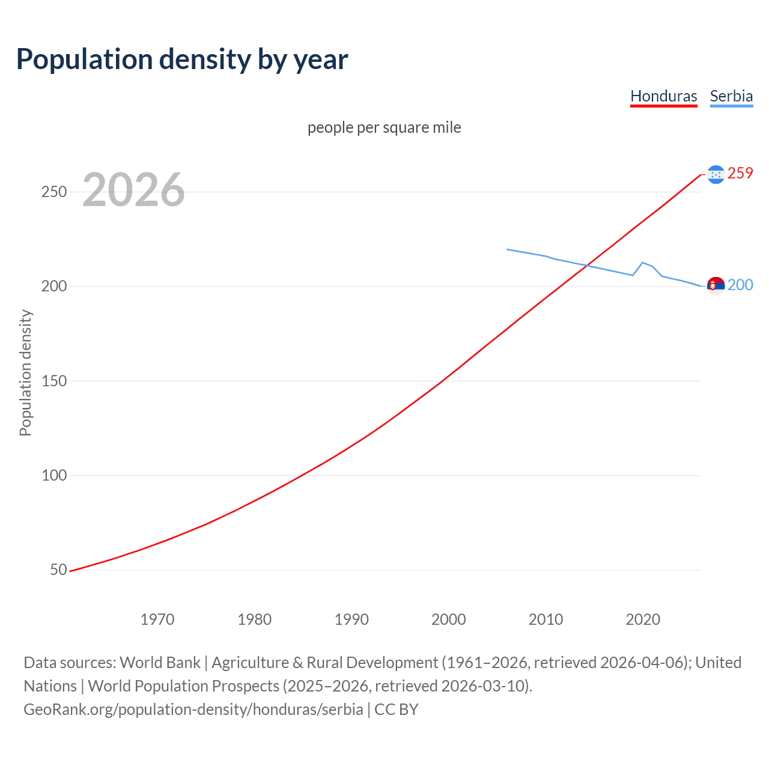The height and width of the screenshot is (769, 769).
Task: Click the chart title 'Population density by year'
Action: pos(182,59)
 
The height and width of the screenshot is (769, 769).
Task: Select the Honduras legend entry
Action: pos(663,96)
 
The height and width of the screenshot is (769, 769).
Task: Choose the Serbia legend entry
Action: pos(731,96)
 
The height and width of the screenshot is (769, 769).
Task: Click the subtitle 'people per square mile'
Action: pos(384,127)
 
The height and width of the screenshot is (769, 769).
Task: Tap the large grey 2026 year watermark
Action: pos(133,190)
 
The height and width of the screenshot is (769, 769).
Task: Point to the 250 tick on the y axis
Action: pos(53,192)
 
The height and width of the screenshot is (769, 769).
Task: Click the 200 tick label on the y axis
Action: pos(53,287)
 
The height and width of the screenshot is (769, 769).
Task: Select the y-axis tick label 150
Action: pos(53,381)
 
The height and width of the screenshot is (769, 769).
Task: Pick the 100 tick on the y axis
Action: pos(53,475)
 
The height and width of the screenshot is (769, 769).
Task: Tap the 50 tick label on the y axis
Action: pos(58,570)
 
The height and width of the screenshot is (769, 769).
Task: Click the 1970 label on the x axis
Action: pos(157,619)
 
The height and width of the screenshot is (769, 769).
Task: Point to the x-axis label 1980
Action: pos(255,619)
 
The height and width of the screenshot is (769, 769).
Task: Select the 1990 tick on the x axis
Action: pos(351,619)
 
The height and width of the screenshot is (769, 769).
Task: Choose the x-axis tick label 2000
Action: pos(449,619)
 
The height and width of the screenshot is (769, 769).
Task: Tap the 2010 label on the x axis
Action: pos(546,619)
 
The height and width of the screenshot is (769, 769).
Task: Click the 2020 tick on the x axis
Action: pos(643,619)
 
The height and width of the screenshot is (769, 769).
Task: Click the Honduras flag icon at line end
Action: pos(716,174)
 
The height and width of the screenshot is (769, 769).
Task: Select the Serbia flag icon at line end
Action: pos(716,286)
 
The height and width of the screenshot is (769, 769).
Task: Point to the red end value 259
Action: pos(740,173)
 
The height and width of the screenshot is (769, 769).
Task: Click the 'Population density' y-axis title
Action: pos(25,372)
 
